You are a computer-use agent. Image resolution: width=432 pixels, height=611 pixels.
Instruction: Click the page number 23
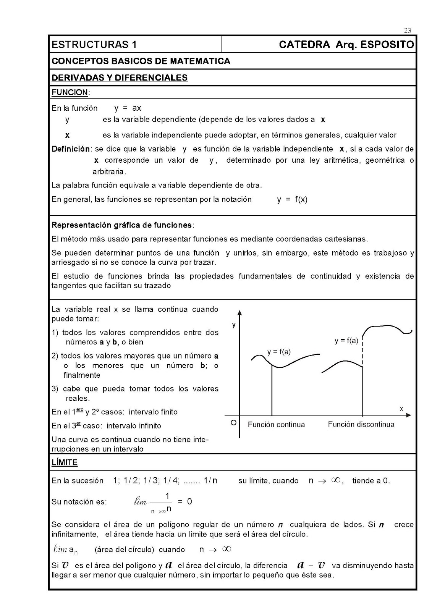407,31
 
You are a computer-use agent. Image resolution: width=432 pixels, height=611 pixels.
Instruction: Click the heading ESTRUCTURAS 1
94,45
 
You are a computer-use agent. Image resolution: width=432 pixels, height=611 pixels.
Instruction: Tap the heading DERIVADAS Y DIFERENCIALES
120,78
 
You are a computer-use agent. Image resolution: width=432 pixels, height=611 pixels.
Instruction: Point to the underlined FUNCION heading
70,92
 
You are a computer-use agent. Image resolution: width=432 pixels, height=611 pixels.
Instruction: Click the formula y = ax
128,108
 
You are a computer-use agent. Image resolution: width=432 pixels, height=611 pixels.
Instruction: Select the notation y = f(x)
292,199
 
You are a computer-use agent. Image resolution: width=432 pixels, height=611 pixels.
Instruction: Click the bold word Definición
71,149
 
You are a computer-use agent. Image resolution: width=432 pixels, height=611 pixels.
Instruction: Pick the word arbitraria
108,171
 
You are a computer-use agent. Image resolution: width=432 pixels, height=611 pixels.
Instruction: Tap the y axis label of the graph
234,325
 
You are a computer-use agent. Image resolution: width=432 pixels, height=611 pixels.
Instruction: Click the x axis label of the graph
401,409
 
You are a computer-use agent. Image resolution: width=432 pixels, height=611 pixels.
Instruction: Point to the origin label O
233,423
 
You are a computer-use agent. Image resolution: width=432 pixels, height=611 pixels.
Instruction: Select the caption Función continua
276,425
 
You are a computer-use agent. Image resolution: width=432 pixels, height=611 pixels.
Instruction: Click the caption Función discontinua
361,424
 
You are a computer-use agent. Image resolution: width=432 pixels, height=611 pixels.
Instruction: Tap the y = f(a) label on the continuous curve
279,352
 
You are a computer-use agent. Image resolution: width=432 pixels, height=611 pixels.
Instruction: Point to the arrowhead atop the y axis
239,312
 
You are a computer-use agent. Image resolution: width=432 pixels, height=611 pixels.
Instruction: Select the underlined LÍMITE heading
65,462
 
